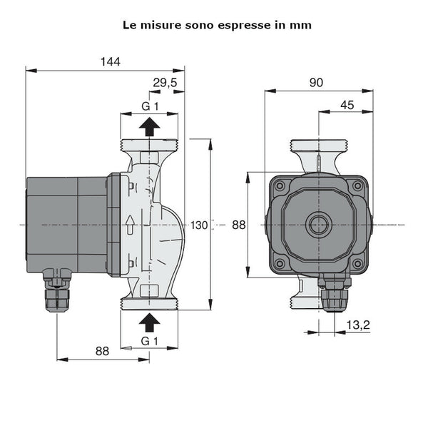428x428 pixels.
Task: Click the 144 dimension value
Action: [111, 61]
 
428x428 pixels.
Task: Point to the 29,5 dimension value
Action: [165, 83]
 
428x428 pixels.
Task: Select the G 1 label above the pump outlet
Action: [149, 106]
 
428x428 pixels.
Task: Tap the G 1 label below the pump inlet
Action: [149, 341]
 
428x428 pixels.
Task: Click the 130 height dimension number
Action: [200, 225]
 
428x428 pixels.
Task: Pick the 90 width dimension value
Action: [316, 83]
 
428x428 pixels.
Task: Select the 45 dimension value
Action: [347, 105]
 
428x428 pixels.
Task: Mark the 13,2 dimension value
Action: [357, 325]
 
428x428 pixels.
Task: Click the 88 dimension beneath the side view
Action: [103, 351]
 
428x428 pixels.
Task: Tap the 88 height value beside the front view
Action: [239, 225]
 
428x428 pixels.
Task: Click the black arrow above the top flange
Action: [149, 127]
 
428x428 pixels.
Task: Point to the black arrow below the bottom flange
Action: [149, 320]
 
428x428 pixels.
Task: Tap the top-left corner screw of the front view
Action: [280, 186]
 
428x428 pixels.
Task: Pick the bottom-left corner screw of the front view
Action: [280, 264]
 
